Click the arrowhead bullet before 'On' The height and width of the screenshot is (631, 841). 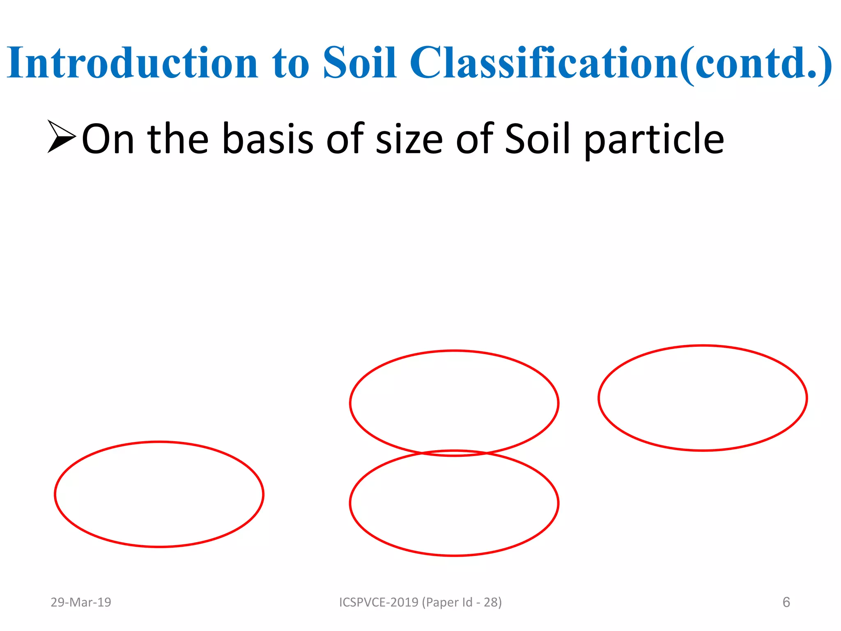[61, 137]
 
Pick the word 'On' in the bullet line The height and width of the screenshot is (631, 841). [108, 140]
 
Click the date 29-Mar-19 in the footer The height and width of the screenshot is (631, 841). [81, 602]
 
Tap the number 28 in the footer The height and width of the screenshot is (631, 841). [490, 602]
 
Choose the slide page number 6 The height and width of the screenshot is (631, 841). [786, 602]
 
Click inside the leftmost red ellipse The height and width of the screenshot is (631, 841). [159, 494]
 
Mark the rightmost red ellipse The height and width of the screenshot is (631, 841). [703, 398]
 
